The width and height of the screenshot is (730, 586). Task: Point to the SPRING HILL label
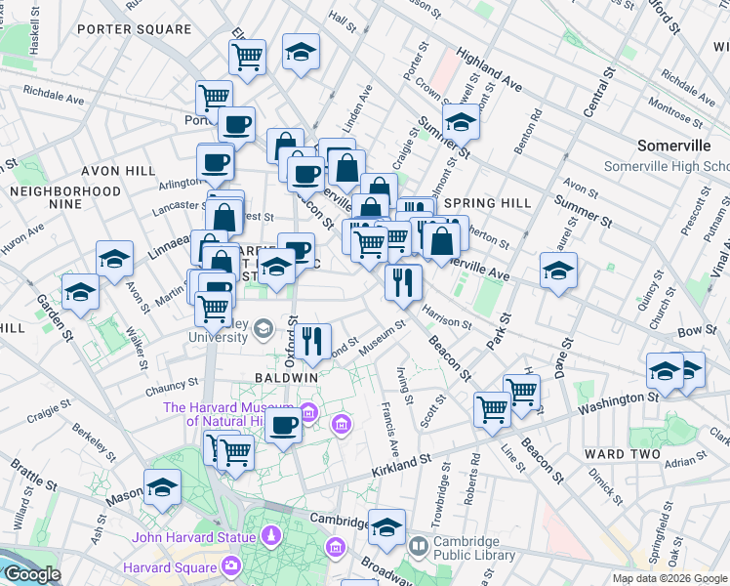(487, 203)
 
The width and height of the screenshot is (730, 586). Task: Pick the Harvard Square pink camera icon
(231, 565)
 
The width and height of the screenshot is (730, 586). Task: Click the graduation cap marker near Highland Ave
(461, 122)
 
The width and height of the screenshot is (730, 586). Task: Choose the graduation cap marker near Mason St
(162, 488)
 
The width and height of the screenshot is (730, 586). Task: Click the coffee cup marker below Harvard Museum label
(284, 425)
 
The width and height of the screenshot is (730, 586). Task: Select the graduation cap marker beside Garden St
(80, 291)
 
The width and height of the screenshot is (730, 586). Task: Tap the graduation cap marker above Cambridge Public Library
(386, 527)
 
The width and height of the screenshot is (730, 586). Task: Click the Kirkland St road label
(400, 465)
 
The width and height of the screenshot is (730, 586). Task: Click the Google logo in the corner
(31, 575)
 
